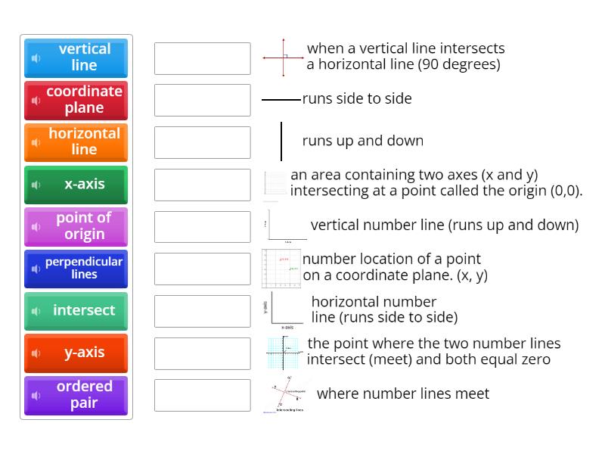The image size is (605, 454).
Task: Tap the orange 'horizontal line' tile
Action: [x=76, y=142]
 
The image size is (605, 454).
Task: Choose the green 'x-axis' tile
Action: [x=76, y=185]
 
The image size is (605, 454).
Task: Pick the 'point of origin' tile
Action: [x=76, y=226]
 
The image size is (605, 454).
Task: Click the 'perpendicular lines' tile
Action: [x=76, y=269]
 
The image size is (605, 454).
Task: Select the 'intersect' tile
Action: [x=76, y=311]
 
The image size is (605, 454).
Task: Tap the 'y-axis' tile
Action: [x=76, y=353]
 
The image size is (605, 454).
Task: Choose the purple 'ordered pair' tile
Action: [x=76, y=395]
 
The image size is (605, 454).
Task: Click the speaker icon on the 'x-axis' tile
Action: [x=36, y=185]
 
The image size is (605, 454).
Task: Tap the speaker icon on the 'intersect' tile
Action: [x=36, y=312]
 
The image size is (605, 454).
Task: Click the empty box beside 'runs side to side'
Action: [x=202, y=101]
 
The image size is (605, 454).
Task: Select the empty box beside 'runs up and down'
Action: [x=202, y=142]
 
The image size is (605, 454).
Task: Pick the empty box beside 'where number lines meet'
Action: [x=202, y=395]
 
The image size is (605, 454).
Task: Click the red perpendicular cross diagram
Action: [x=283, y=58]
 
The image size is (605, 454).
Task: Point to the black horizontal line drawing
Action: [x=281, y=99]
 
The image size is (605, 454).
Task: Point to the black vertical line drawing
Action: [x=281, y=141]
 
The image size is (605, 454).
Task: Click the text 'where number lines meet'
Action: [x=402, y=393]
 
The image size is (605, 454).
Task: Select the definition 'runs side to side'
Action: [x=357, y=98]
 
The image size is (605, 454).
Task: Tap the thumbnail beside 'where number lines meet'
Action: [x=286, y=394]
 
